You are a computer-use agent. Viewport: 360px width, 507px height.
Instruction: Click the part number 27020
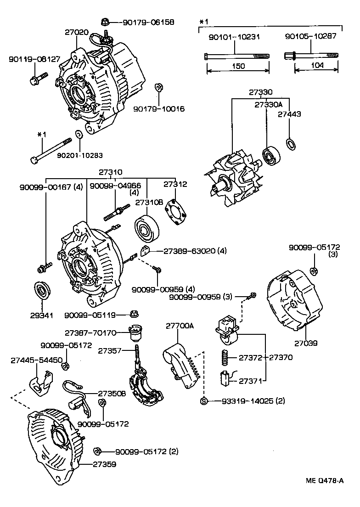pos(76,33)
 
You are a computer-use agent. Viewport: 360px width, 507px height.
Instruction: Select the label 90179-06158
pos(142,22)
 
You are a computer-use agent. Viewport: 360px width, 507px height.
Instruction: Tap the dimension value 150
pos(238,66)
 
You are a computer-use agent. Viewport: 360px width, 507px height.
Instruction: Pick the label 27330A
pos(268,104)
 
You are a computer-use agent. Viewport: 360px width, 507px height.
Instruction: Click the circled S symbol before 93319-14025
pos(204,401)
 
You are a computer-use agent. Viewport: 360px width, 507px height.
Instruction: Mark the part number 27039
pos(306,343)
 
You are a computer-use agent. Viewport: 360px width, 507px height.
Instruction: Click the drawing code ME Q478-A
pos(325,481)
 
